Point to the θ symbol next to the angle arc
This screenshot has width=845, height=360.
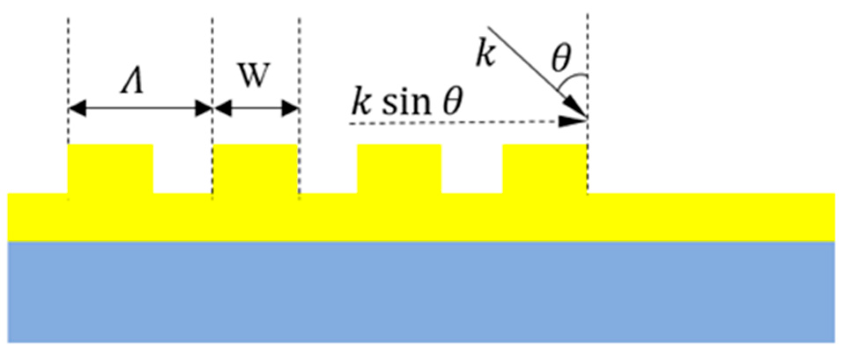point(561,57)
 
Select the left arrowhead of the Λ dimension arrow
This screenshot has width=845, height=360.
point(77,108)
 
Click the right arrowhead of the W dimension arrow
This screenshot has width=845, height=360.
point(290,108)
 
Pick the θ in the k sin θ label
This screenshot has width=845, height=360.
point(451,102)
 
